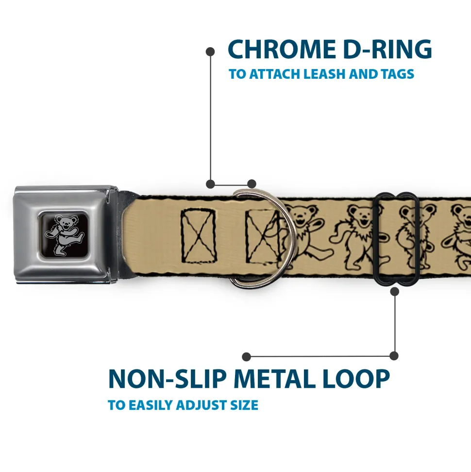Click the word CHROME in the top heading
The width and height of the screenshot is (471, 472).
coord(282,49)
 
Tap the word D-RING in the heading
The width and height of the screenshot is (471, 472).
coord(387,49)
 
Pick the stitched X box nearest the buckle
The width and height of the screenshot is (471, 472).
coord(199,236)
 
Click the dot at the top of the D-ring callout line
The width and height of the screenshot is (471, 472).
coord(210,52)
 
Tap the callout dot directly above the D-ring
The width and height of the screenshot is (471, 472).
coord(252,184)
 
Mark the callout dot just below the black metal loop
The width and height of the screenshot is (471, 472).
coord(394,291)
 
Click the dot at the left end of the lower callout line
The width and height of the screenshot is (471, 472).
coord(246,357)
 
